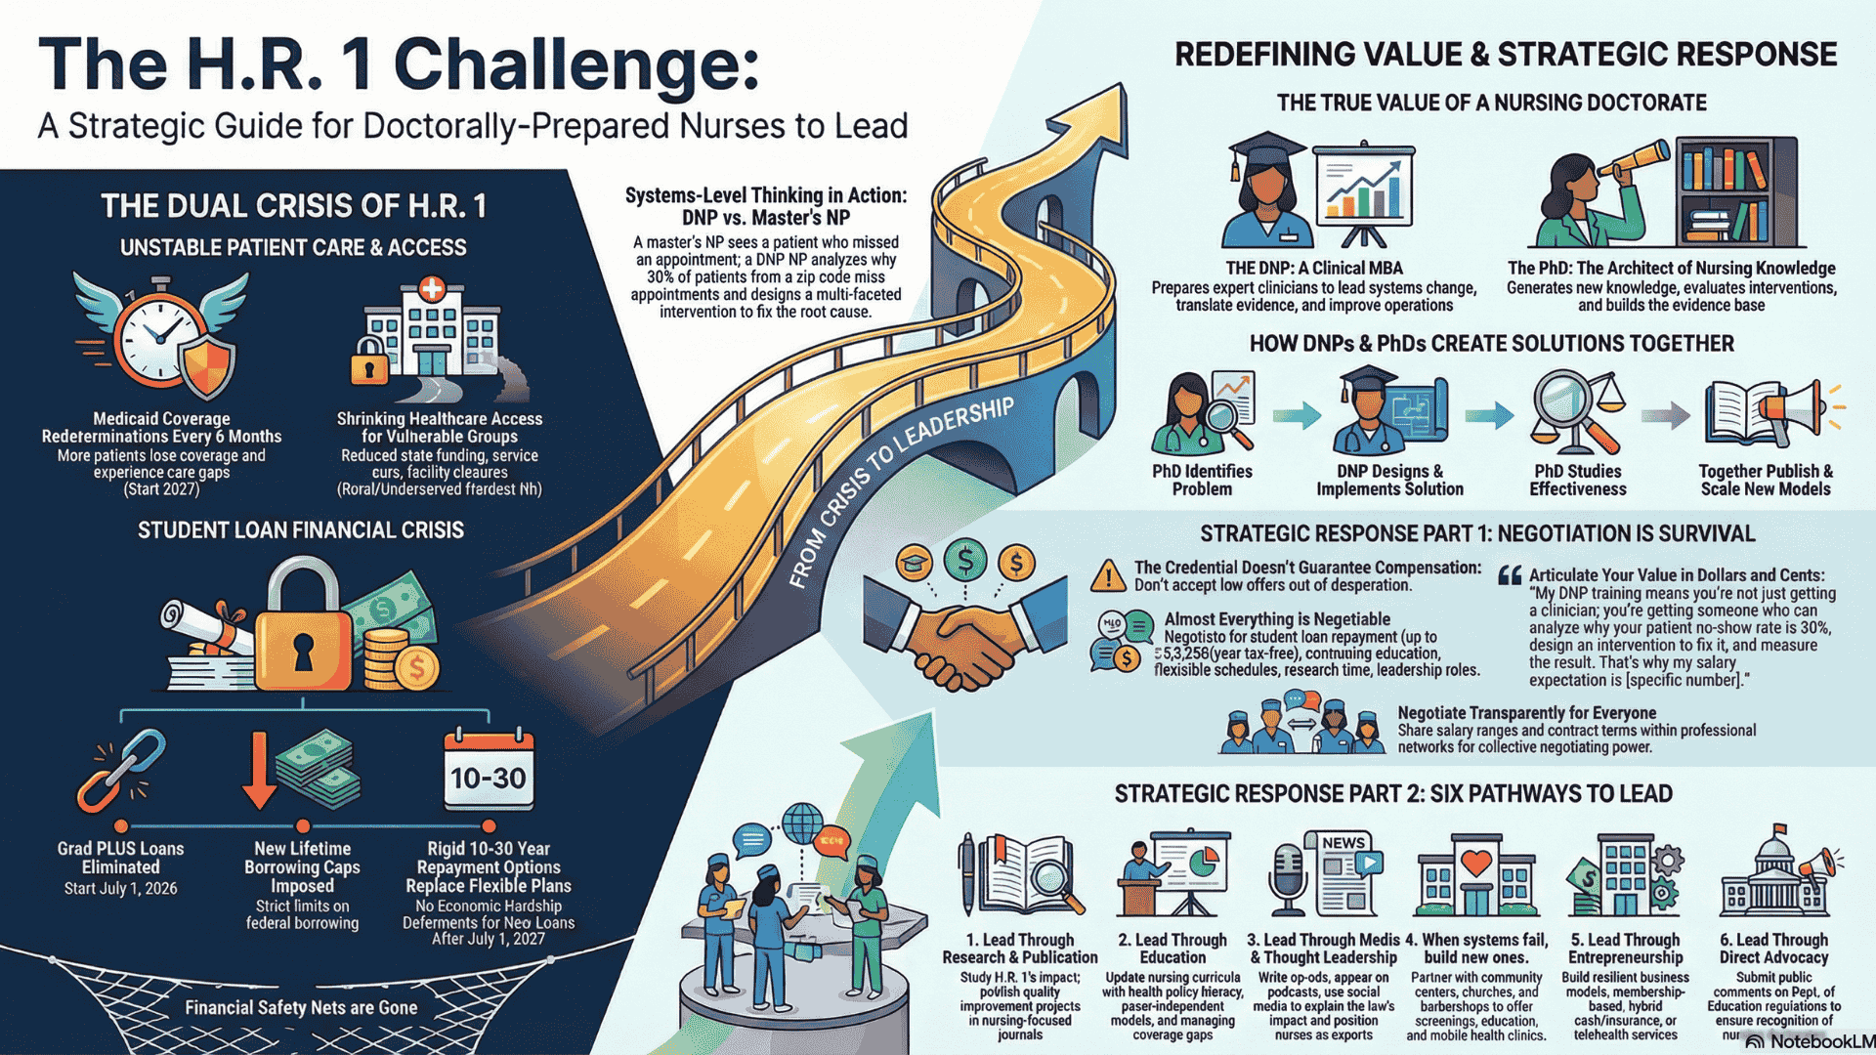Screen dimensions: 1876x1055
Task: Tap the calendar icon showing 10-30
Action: (489, 771)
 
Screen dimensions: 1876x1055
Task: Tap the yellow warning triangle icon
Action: (1108, 576)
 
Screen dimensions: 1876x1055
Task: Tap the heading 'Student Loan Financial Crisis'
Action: (301, 530)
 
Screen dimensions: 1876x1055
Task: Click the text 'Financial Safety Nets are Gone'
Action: (301, 1007)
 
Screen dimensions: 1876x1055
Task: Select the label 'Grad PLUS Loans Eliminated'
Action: (120, 858)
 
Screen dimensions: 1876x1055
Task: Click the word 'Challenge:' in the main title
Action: (576, 65)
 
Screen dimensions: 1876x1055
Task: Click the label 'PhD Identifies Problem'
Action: (1202, 480)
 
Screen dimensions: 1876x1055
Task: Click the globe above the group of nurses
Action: (802, 822)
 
